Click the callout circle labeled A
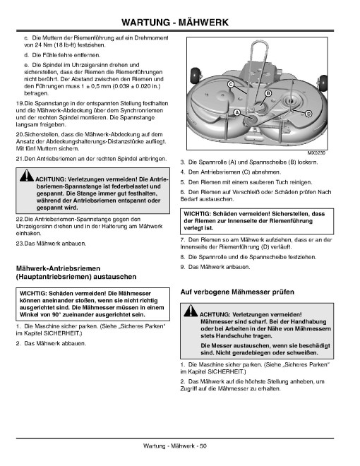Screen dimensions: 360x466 coord(236,113)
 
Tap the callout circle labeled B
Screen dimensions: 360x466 coord(268,93)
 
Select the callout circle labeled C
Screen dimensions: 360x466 coord(231,85)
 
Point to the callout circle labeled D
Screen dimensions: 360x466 coord(308,114)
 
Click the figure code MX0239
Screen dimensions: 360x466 coord(316,153)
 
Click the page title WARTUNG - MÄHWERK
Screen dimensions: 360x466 coord(175,23)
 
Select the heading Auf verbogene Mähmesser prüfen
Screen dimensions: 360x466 coord(237,292)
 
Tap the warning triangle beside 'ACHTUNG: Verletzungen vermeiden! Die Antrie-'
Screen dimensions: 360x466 coord(27,176)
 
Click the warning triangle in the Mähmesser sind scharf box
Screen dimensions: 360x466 coord(191,311)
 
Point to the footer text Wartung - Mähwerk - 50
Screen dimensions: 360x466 coord(175,446)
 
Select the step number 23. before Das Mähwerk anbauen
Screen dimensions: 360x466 coord(20,244)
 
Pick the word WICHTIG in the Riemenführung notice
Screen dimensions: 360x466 coord(197,214)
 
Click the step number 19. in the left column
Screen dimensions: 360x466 coord(20,104)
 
